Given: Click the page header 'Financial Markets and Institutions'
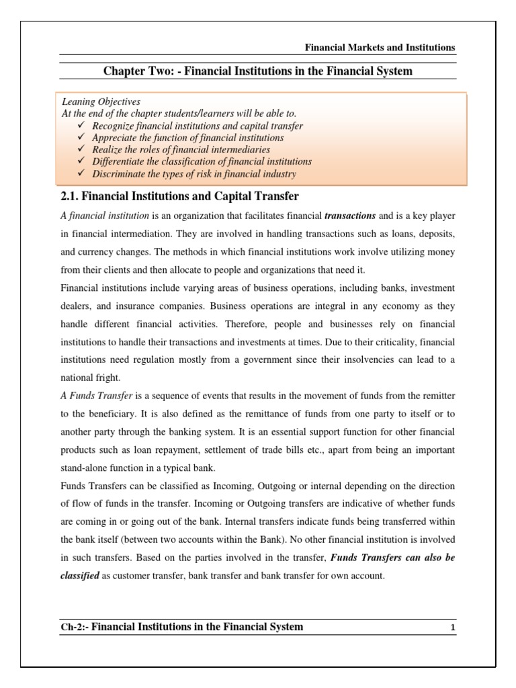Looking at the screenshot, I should click(380, 48).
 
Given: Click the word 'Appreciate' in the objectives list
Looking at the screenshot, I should click(114, 138).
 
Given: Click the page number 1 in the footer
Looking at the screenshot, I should click(453, 628).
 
